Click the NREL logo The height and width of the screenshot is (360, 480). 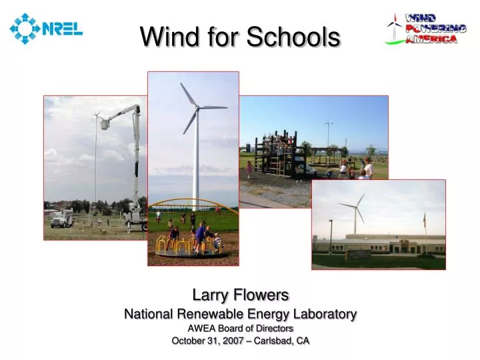pos(45,28)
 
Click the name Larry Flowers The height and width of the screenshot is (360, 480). pos(240,294)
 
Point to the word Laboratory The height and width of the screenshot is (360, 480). pos(321,313)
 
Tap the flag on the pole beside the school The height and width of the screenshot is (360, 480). pos(424,219)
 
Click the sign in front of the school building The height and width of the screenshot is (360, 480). pos(359,255)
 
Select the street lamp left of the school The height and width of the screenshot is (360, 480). pos(330,235)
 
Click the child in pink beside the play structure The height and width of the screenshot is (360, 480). pos(249,169)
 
